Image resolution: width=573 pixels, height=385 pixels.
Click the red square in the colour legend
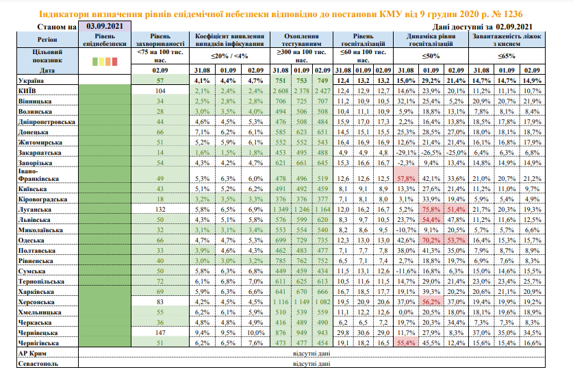tap(115, 62)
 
